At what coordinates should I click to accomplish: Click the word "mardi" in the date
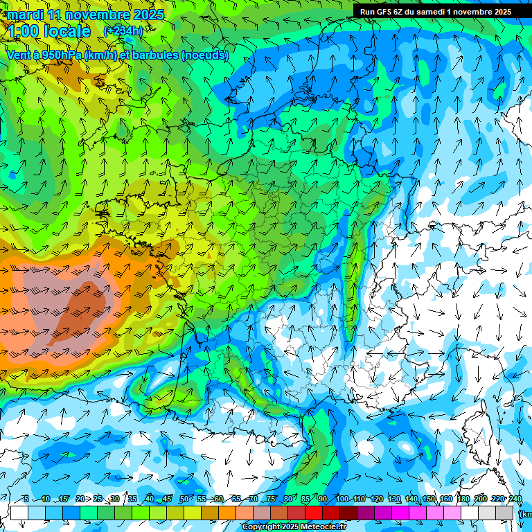[x=25, y=15]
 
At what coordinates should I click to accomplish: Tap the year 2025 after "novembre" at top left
[x=148, y=15]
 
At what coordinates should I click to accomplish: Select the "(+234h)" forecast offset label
[x=123, y=31]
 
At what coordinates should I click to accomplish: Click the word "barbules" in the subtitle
[x=158, y=55]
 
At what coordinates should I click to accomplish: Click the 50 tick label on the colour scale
[x=184, y=499]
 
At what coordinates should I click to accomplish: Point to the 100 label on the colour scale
[x=341, y=499]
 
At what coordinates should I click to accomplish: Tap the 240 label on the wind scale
[x=515, y=499]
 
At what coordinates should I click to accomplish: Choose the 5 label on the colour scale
[x=26, y=499]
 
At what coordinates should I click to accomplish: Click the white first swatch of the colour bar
[x=19, y=513]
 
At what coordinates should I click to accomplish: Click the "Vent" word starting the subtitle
[x=19, y=55]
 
